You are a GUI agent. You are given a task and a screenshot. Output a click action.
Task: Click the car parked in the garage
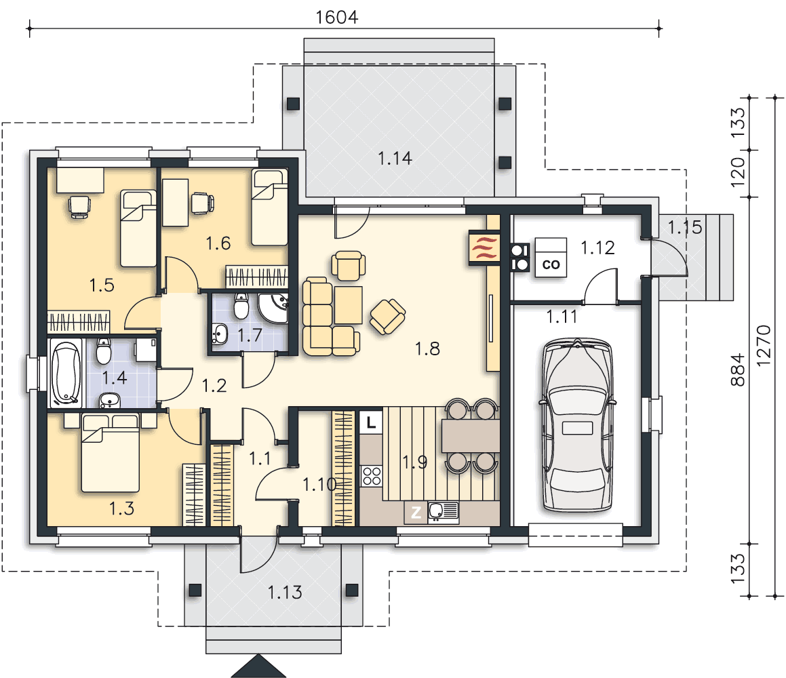click(x=578, y=425)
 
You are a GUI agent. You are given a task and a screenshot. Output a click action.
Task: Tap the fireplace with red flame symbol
click(x=484, y=247)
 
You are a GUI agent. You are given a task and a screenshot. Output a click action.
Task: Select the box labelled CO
click(x=551, y=258)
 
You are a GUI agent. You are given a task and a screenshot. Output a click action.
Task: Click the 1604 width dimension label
click(x=337, y=18)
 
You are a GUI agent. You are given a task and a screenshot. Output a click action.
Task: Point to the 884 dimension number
click(x=738, y=370)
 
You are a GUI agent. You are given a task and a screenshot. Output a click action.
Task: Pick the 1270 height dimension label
click(x=764, y=346)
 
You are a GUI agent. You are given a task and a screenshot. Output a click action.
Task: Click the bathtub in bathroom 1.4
click(x=66, y=373)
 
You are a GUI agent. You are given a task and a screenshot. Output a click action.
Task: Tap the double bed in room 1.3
click(x=111, y=452)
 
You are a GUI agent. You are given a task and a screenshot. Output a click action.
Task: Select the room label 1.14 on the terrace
click(x=395, y=159)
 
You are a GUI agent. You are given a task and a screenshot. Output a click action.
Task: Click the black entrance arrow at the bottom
click(x=258, y=666)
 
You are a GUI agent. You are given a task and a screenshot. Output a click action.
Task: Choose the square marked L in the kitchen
click(x=371, y=422)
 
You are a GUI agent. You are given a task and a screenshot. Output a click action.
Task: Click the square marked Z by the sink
click(x=416, y=513)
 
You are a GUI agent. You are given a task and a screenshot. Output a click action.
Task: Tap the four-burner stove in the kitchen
click(x=372, y=475)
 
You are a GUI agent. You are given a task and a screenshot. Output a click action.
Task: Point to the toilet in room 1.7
click(x=241, y=306)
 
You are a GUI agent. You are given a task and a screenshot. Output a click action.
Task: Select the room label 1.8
click(x=428, y=348)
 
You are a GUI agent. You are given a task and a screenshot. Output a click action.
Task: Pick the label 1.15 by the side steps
click(x=685, y=228)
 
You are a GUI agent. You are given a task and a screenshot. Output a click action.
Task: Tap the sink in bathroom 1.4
click(x=110, y=401)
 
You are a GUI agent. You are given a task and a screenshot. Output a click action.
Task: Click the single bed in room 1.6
click(x=270, y=207)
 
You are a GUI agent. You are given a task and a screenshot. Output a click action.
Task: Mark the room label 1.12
click(x=597, y=247)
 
